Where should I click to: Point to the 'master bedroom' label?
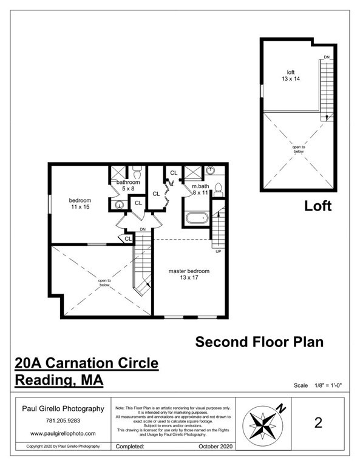point(189,271)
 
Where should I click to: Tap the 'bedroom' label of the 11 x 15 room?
point(80,200)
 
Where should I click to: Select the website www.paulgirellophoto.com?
point(63,433)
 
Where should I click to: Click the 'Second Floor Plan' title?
point(259,342)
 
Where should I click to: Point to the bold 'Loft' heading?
point(318,206)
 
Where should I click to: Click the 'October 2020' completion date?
point(215,446)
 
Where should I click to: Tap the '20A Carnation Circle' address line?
point(86,364)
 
